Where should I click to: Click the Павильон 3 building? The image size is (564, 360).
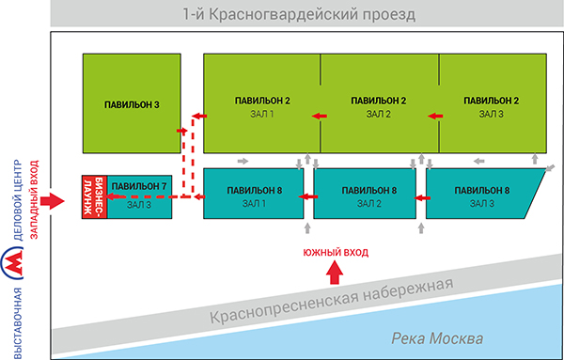coord(132,103)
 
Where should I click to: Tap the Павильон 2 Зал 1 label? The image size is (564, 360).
coord(262,107)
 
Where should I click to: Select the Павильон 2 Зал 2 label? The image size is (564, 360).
coord(379,107)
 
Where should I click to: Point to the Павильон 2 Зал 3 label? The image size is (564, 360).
coord(491,107)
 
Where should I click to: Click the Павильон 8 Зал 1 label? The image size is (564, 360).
coord(254,196)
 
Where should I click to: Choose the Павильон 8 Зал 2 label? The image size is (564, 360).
coord(369,196)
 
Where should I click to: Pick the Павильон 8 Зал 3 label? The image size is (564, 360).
coord(481,196)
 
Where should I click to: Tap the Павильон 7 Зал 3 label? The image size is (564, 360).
coord(139,196)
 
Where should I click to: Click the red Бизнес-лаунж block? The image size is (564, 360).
coord(95,197)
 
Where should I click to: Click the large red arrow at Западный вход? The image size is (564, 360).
coord(52,201)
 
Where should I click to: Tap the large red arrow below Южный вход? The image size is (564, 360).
coord(335,273)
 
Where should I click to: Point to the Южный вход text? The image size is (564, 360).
coord(336,252)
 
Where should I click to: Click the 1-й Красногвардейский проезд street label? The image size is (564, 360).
coord(299,15)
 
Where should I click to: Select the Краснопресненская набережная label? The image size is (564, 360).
coord(331,300)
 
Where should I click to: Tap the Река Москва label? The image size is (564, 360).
coord(437,338)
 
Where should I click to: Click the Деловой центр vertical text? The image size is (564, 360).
coord(19,200)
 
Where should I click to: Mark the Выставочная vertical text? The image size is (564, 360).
coord(19,322)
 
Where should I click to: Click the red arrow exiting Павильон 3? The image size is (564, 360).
coord(182,131)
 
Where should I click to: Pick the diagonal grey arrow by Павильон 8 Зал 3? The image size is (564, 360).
coord(550,168)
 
